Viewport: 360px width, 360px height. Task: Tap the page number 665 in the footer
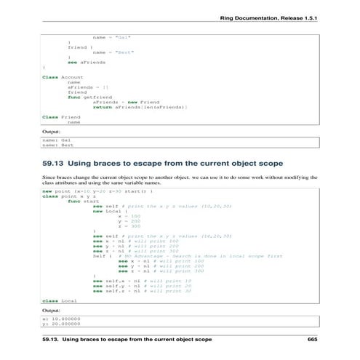point(313,340)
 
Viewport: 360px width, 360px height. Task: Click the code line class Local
point(60,300)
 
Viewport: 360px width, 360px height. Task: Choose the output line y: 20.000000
point(60,324)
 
